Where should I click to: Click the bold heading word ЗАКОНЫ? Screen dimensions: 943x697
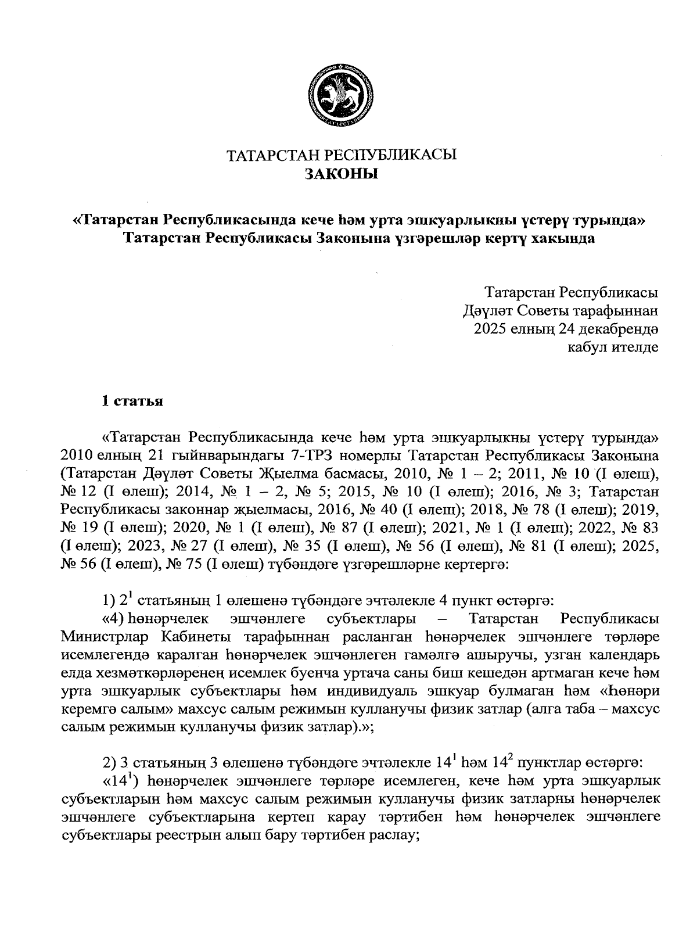(341, 173)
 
